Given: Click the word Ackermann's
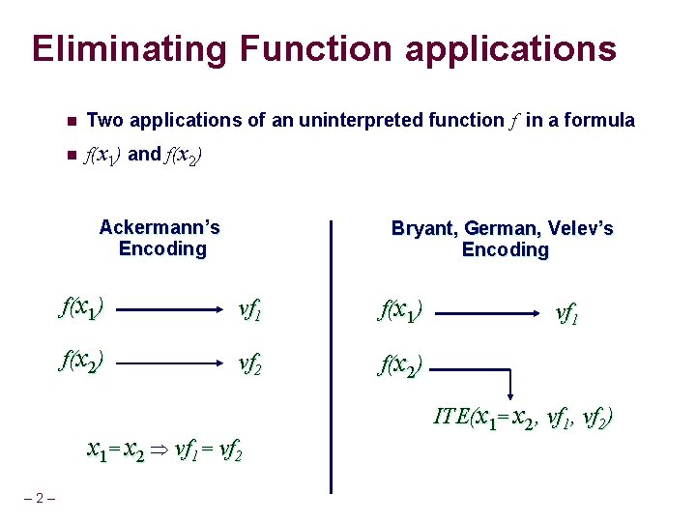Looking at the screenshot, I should coord(159,228).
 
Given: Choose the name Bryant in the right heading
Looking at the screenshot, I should coord(422,229).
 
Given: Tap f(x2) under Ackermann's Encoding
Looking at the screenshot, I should coord(82,362).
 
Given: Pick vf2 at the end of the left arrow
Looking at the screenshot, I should coord(251,363).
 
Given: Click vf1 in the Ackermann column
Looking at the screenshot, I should coord(251,310).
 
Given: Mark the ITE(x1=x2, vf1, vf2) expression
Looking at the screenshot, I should coord(522,417).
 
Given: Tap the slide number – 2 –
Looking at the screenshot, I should coord(40,498).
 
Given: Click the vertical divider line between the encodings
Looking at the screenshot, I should coord(331,358).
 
